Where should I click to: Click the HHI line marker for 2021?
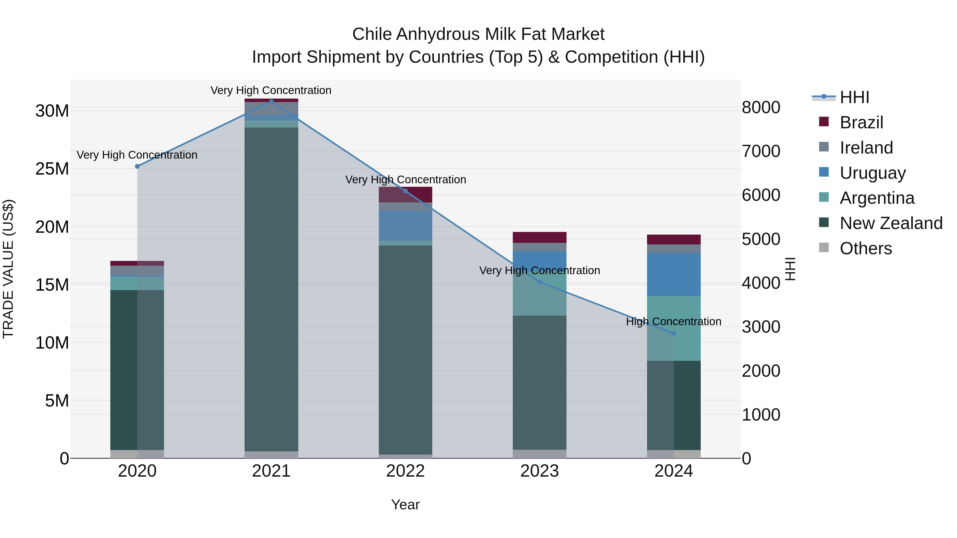click(271, 101)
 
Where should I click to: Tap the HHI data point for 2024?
click(674, 333)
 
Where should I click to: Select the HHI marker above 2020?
click(137, 166)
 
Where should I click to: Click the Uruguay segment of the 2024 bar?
click(674, 274)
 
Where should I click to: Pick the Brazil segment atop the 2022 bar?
click(405, 194)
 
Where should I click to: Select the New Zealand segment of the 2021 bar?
click(271, 290)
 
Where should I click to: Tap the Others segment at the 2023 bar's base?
click(539, 454)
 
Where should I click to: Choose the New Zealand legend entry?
click(891, 223)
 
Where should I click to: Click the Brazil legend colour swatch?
click(824, 122)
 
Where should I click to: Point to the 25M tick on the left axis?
click(52, 169)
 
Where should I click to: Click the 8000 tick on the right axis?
click(761, 108)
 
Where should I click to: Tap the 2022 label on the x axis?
click(405, 471)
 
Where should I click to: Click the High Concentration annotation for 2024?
click(674, 321)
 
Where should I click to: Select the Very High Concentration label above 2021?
click(271, 91)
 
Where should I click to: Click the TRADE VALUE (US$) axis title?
click(8, 269)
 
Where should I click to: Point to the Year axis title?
click(405, 505)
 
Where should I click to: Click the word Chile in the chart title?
click(372, 34)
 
